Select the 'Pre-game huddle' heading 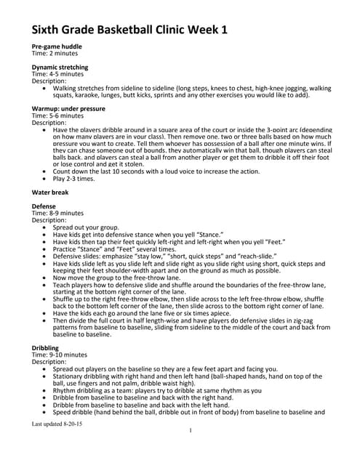(x=56, y=47)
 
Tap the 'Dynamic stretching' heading (x=60, y=68)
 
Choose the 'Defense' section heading (x=43, y=206)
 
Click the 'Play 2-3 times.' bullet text (x=73, y=178)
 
